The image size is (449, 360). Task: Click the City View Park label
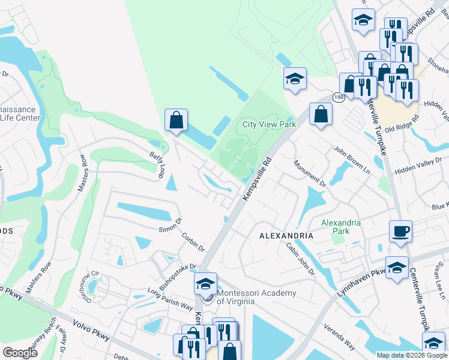pyautogui.click(x=270, y=125)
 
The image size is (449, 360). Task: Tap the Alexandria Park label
pyautogui.click(x=341, y=227)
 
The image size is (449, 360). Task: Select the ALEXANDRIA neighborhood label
pyautogui.click(x=286, y=236)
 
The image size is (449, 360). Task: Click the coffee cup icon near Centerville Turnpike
pyautogui.click(x=400, y=230)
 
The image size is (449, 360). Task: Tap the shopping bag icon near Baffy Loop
pyautogui.click(x=176, y=119)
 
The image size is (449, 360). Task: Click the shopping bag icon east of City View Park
pyautogui.click(x=321, y=113)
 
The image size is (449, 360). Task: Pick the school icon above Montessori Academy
pyautogui.click(x=205, y=283)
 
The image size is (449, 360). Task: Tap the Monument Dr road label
pyautogui.click(x=310, y=173)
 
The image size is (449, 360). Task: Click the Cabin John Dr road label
pyautogui.click(x=300, y=259)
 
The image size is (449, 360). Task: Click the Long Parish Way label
pyautogui.click(x=170, y=298)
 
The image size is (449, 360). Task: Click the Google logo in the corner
pyautogui.click(x=20, y=352)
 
